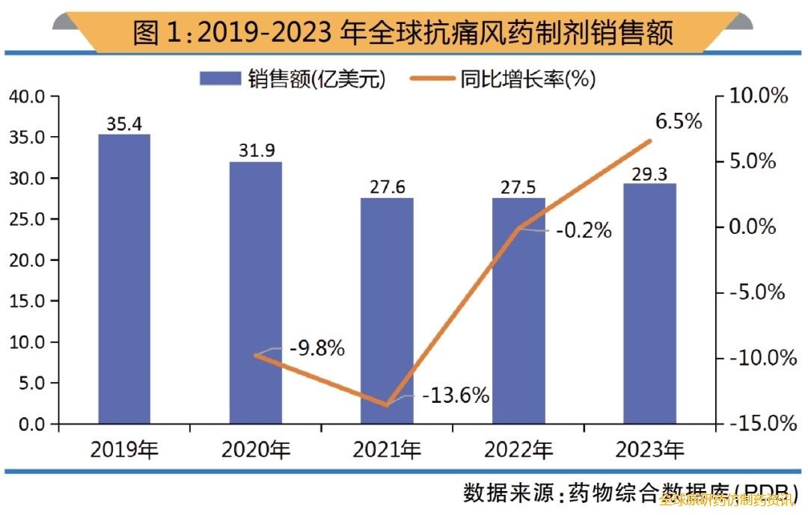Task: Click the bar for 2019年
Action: point(124,279)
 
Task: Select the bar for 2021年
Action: point(387,310)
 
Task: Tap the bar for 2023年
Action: point(649,303)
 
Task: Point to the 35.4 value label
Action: point(124,124)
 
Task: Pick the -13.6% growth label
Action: point(456,395)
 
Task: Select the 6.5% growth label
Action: point(679,121)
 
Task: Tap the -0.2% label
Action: point(584,231)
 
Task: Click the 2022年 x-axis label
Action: point(518,450)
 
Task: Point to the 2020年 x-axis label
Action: point(255,450)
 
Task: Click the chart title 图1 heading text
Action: point(403,33)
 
